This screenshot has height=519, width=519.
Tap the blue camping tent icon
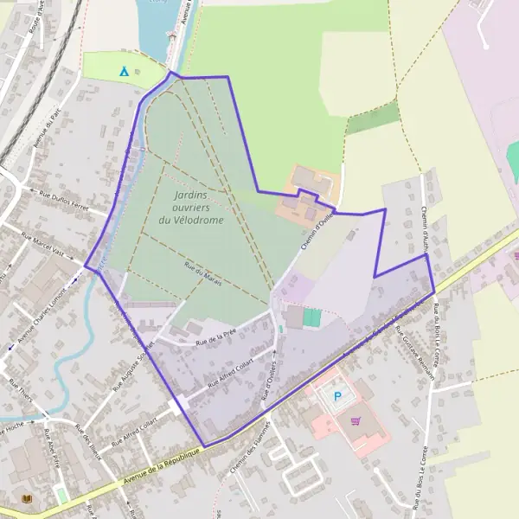tap(124, 71)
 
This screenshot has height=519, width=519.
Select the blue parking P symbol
tap(337, 397)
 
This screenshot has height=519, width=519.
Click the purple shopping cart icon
tap(356, 421)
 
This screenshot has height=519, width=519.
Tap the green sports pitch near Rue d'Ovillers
tap(311, 318)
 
